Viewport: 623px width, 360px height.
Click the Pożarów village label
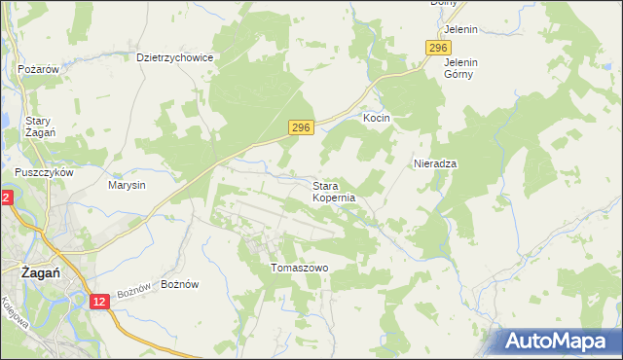tap(40, 70)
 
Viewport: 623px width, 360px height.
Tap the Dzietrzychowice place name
tap(175, 57)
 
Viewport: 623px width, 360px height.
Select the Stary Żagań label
tap(39, 126)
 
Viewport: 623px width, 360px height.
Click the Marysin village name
tap(127, 185)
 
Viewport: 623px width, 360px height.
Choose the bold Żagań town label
tap(42, 273)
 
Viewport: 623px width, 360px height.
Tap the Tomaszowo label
tap(300, 268)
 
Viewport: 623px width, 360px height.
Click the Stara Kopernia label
tap(334, 191)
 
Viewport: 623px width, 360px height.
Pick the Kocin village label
tap(377, 118)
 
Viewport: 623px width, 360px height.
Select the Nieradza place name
tap(435, 163)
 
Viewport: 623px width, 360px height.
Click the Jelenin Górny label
tap(460, 67)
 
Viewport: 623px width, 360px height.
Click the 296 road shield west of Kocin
tap(302, 127)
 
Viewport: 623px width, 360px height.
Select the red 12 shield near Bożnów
tap(99, 303)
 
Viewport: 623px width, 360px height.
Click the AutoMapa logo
tap(558, 342)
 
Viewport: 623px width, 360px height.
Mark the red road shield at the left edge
tap(5, 198)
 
